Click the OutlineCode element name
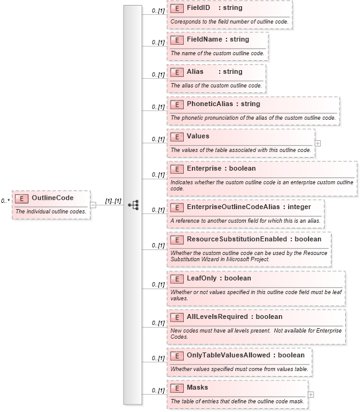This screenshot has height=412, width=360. tap(52, 198)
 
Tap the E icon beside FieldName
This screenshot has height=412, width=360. tap(177, 40)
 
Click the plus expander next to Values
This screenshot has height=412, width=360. tap(318, 143)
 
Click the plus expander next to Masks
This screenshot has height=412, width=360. tap(311, 394)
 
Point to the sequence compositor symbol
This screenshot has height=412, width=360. tap(133, 205)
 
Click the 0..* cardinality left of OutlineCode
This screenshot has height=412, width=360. tap(5, 201)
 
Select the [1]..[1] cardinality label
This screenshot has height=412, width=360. tap(112, 201)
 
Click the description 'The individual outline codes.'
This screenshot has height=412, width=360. tap(51, 212)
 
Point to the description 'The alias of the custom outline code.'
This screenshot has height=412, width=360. tap(216, 86)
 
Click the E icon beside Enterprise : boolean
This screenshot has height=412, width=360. tap(177, 169)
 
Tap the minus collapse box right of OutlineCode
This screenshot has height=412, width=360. tap(93, 205)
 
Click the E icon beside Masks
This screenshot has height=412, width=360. tap(177, 388)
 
